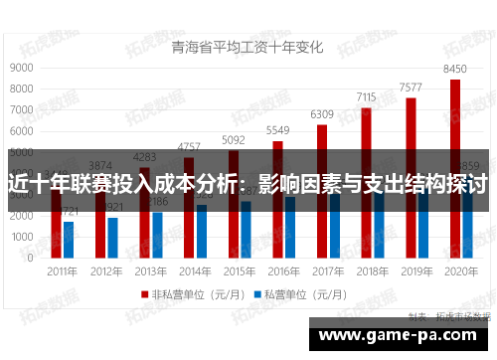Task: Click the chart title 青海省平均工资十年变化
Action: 248,46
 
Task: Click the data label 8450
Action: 454,69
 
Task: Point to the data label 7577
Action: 411,88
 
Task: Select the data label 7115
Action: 366,97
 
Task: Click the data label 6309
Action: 322,115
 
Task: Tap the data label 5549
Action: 277,131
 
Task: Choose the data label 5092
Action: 234,140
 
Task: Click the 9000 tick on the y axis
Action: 21,68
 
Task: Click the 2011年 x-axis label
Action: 62,270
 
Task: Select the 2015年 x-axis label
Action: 240,270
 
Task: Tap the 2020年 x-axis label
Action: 461,270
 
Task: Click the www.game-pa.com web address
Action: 402,335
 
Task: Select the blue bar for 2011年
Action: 69,239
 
